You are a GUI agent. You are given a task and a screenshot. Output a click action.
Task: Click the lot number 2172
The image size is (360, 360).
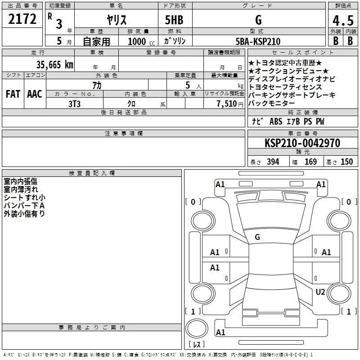(22, 19)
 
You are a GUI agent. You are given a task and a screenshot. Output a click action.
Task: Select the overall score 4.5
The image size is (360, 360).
(343, 21)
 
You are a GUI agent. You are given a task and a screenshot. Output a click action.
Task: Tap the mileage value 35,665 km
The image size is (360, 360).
(54, 65)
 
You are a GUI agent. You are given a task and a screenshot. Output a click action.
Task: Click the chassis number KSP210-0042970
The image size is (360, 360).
(302, 143)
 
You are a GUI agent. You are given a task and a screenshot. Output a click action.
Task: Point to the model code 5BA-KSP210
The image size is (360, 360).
(258, 41)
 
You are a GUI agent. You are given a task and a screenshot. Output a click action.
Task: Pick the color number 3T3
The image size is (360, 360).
(74, 104)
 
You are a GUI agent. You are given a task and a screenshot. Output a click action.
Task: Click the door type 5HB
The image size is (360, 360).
(174, 20)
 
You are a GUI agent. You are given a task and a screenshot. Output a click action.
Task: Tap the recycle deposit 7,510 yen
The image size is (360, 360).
(230, 104)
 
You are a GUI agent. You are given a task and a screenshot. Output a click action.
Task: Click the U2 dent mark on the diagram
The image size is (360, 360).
(320, 292)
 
